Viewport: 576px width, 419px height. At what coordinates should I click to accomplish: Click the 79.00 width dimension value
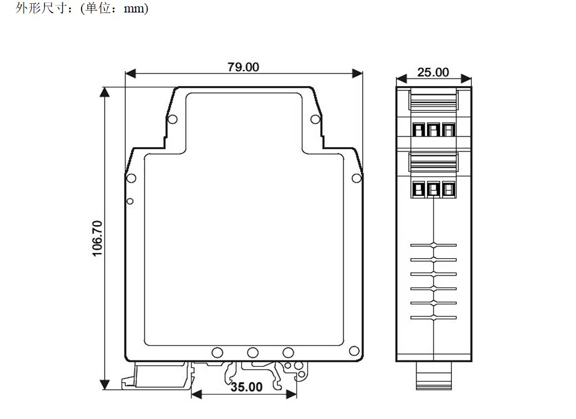click(243, 67)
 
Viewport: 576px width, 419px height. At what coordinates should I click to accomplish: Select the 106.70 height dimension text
click(97, 238)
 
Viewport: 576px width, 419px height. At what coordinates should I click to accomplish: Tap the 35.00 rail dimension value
click(246, 387)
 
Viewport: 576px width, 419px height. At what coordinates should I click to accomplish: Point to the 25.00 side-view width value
click(433, 72)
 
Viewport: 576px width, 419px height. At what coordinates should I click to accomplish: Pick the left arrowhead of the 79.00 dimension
click(130, 74)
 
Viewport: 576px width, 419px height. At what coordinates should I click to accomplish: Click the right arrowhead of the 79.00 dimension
click(357, 74)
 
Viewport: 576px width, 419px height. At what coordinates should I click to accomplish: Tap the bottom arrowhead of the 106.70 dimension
click(105, 385)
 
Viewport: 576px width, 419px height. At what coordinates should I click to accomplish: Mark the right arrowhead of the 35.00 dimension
click(291, 395)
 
